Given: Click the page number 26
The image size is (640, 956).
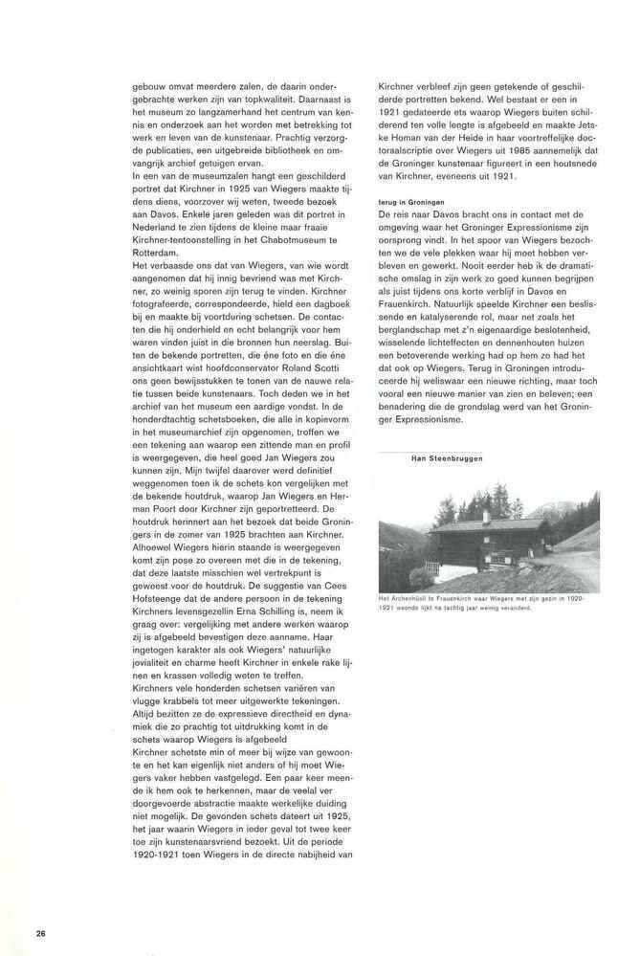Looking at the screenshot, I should coord(39,931).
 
